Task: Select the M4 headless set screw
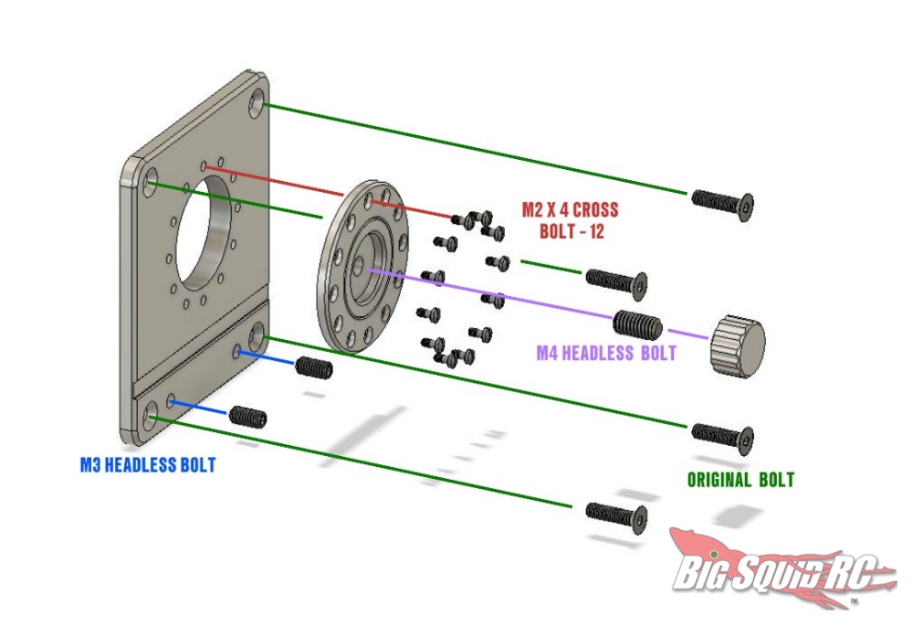click(x=635, y=325)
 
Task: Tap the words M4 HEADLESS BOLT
click(x=607, y=353)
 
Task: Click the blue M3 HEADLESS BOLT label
click(x=148, y=465)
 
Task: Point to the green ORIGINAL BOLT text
click(x=740, y=480)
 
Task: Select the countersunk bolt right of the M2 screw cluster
click(x=616, y=281)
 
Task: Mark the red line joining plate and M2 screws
click(x=274, y=178)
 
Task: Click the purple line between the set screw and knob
click(x=687, y=334)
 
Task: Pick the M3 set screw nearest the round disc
click(x=313, y=368)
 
